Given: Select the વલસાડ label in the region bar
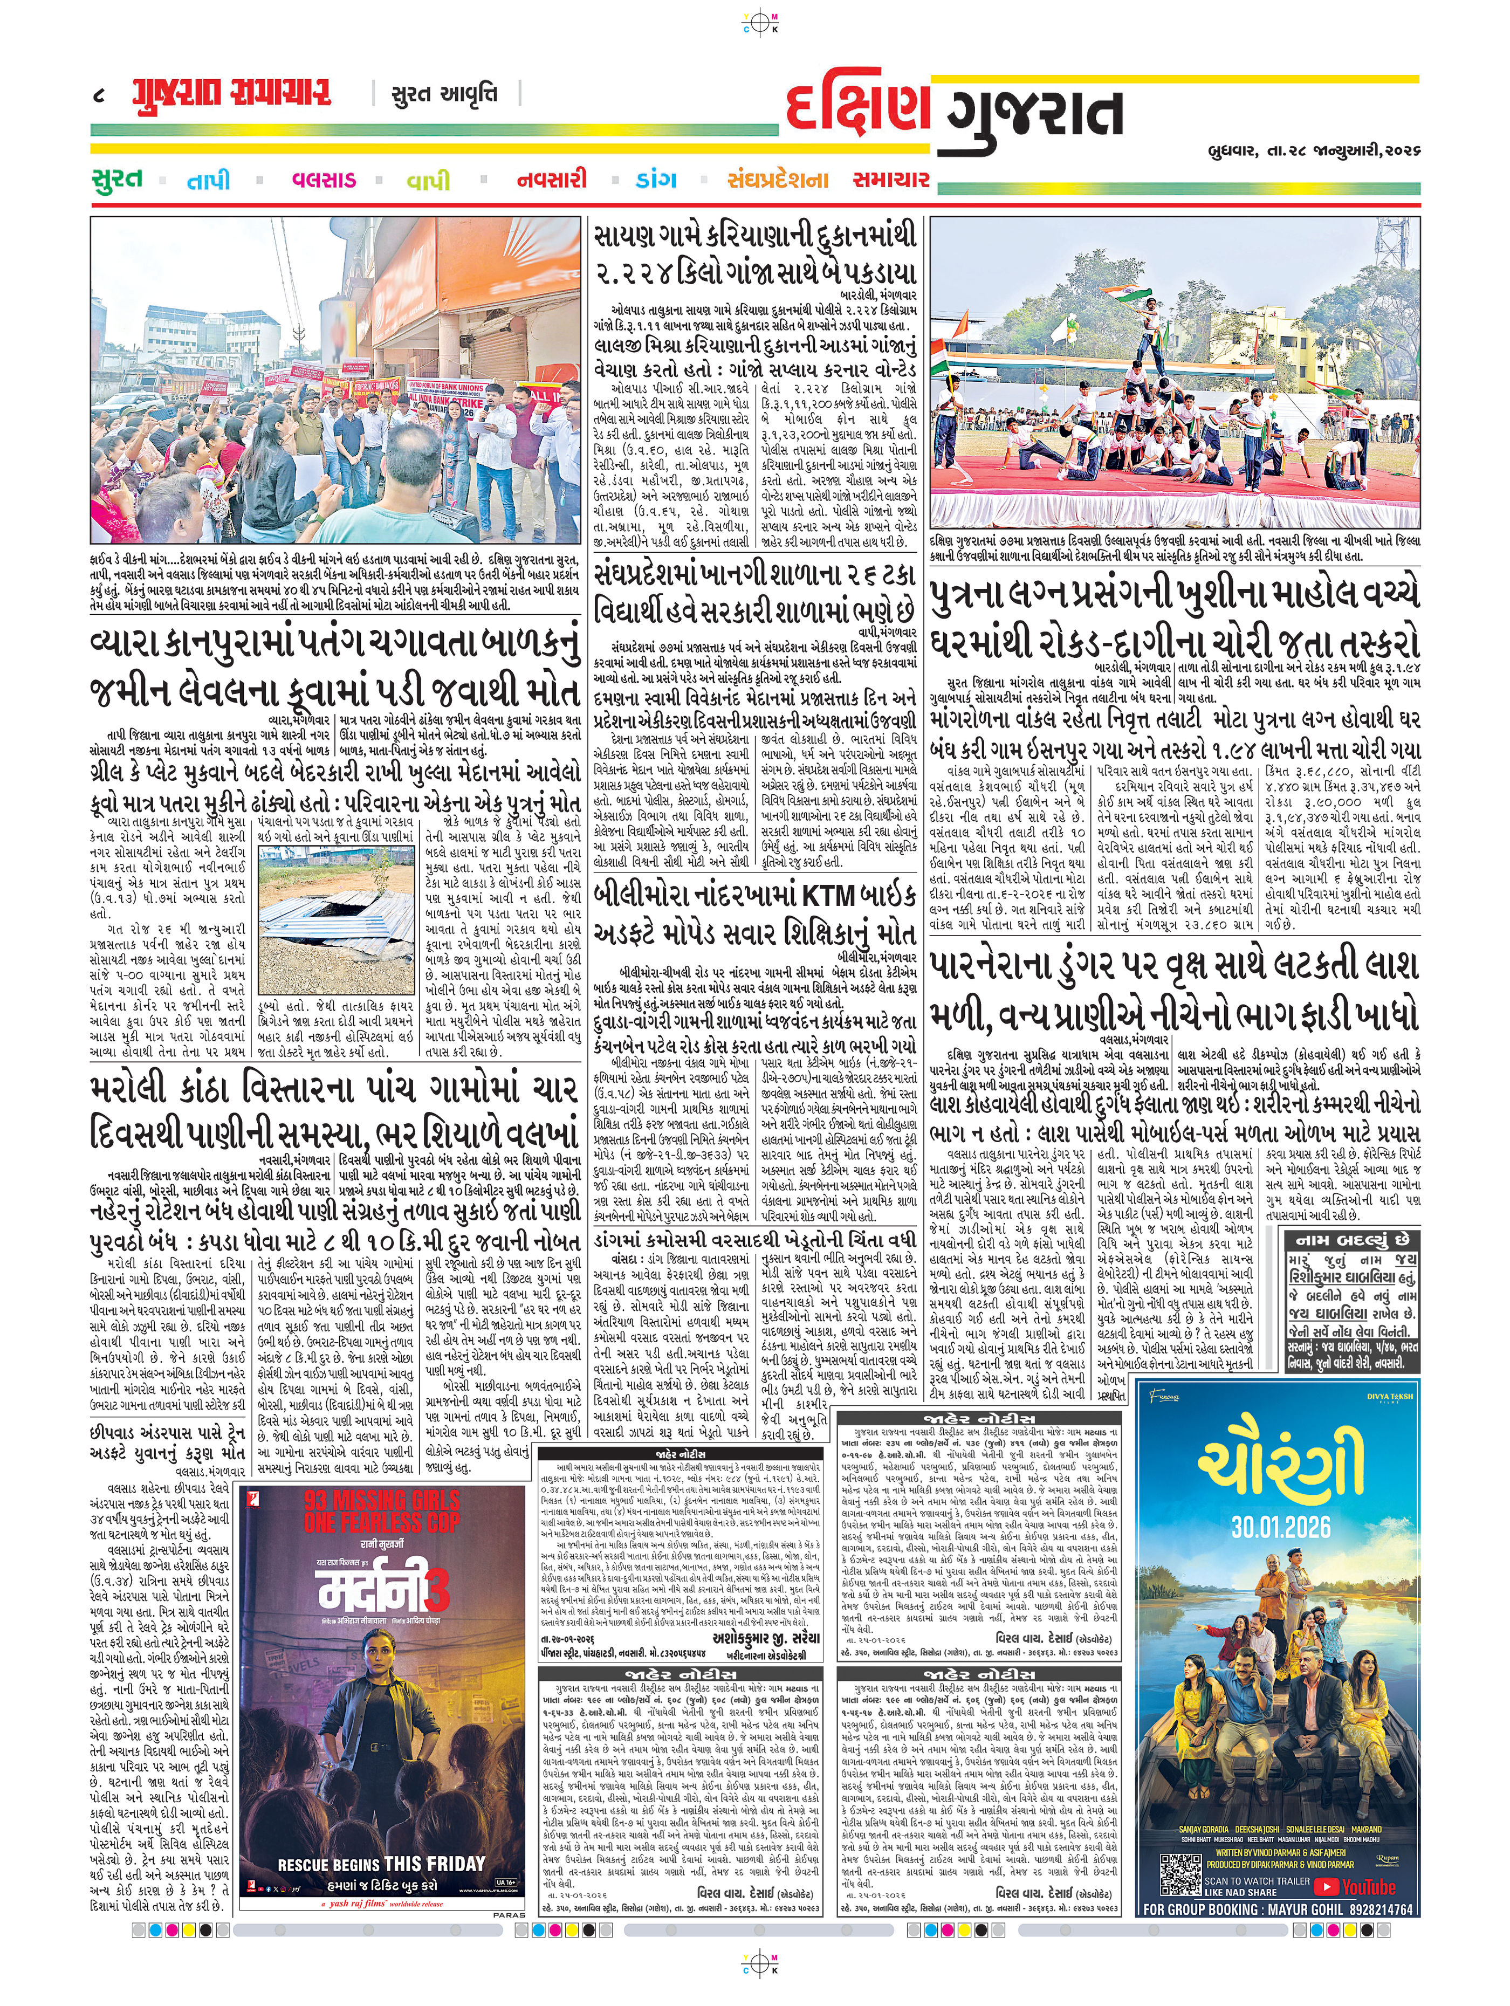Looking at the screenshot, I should [x=324, y=180].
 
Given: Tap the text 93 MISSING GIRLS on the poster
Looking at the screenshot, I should [x=382, y=1499].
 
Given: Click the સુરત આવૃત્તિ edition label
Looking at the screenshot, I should [x=444, y=93].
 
